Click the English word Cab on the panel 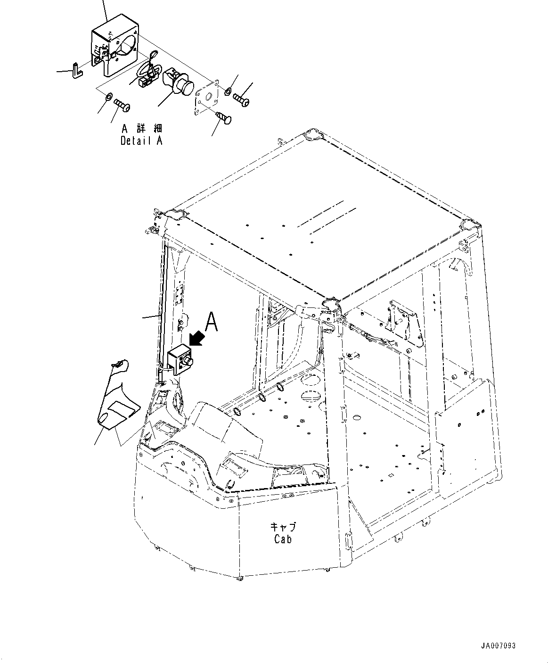[x=283, y=539]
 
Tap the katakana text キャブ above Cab [x=283, y=527]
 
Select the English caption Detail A [x=141, y=141]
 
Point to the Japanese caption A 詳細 [x=142, y=129]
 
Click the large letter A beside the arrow [x=211, y=322]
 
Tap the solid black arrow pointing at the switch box [x=197, y=338]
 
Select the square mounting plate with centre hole [x=206, y=96]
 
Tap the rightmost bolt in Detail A [x=241, y=99]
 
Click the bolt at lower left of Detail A [x=122, y=105]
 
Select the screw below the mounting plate [x=223, y=117]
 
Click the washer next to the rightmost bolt [x=227, y=92]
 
